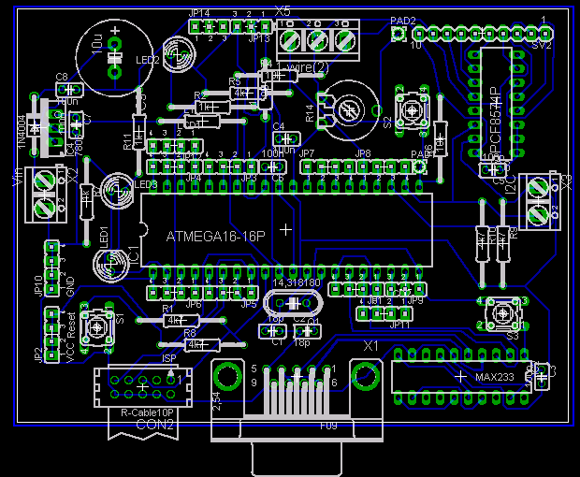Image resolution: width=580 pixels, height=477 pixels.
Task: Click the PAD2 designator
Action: (402, 20)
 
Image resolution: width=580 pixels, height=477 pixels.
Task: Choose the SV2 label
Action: (541, 43)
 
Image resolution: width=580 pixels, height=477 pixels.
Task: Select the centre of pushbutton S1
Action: (97, 328)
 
